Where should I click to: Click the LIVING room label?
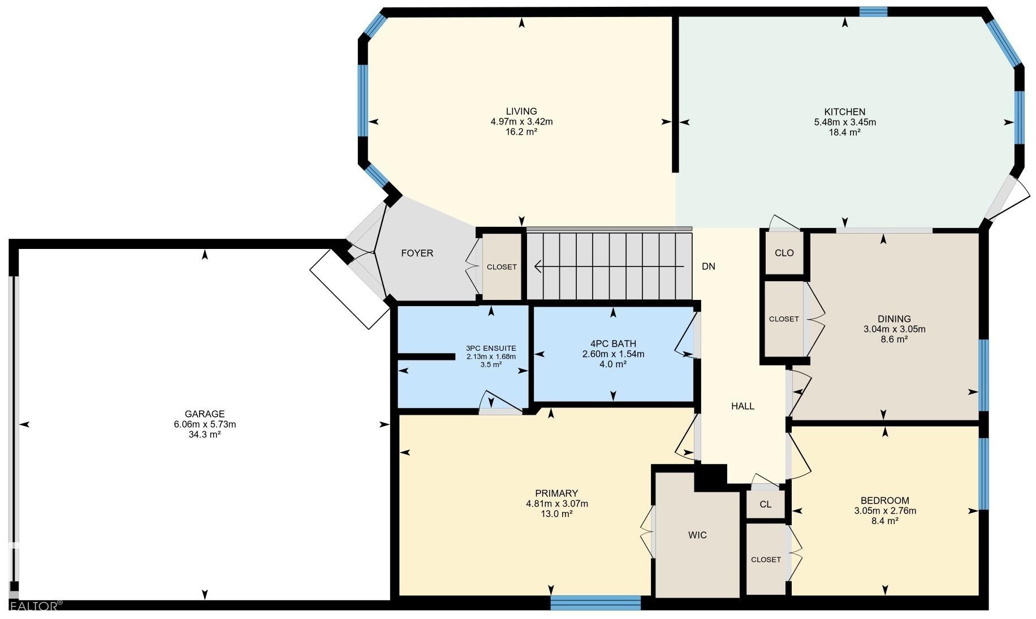521,111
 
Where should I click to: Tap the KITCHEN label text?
845,112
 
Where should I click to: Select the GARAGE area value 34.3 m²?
205,435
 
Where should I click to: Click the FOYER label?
417,253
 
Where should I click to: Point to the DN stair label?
709,266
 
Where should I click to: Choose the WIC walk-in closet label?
697,535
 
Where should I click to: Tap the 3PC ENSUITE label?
491,349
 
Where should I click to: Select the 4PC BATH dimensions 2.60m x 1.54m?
614,354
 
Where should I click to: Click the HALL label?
743,406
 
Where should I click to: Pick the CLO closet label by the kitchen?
784,253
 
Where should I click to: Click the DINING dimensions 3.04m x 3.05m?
895,329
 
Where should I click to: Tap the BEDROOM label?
885,501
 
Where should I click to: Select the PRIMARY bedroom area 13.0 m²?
557,514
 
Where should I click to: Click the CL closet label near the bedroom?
766,505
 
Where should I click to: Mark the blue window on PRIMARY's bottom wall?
595,603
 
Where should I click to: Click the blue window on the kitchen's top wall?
873,12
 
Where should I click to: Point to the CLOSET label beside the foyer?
502,267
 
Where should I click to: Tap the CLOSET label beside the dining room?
784,319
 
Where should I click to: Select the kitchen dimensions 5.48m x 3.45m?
845,122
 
